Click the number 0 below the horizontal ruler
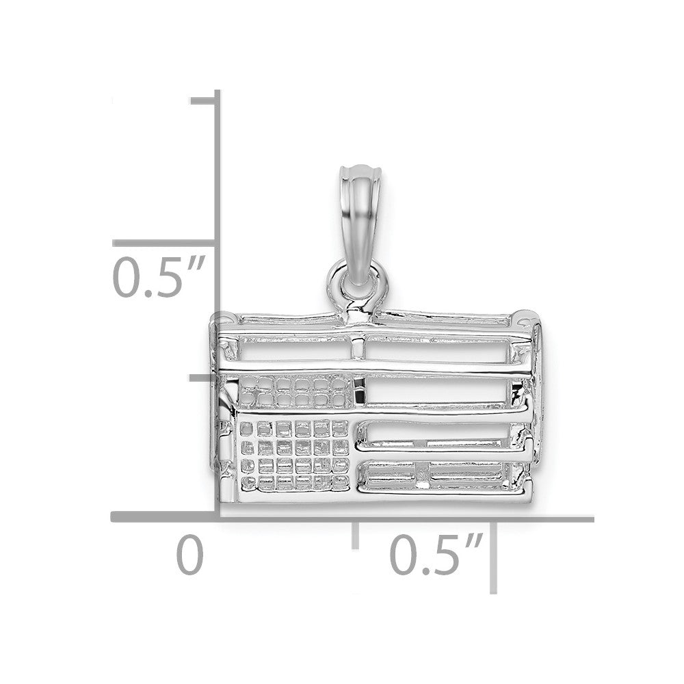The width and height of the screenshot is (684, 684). (189, 555)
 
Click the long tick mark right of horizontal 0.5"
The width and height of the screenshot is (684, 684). (493, 557)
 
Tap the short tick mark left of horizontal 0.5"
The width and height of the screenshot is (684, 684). (356, 535)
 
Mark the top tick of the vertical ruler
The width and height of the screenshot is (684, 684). (203, 101)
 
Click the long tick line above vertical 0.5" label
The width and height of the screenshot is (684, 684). (164, 243)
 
